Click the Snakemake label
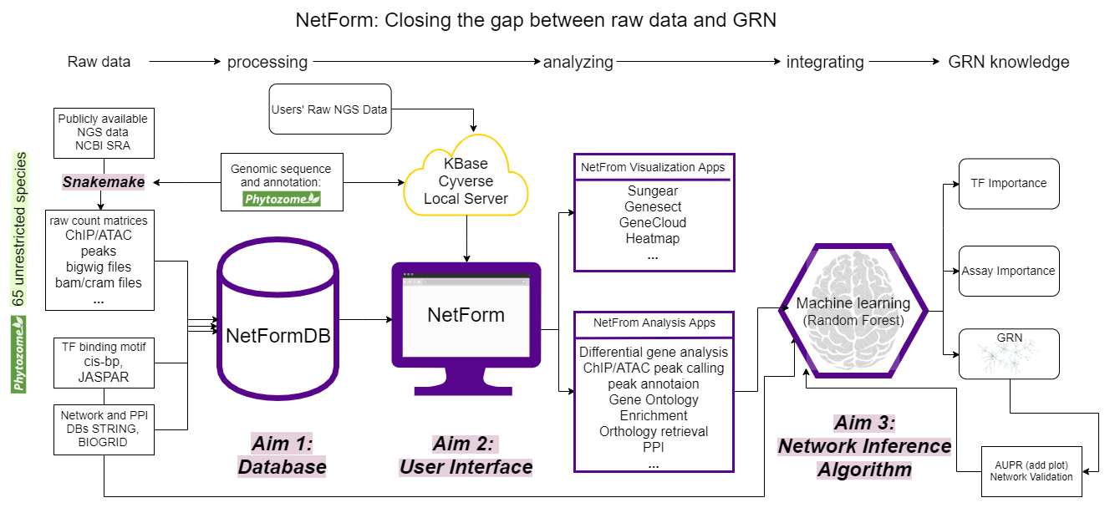(103, 181)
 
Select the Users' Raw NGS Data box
(329, 109)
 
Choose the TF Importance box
(1008, 184)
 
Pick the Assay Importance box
(1008, 271)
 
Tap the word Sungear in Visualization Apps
(653, 191)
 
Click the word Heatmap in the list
(653, 239)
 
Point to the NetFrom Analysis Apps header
(654, 323)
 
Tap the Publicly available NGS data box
(103, 132)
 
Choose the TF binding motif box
(103, 362)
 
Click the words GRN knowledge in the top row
(1008, 62)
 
